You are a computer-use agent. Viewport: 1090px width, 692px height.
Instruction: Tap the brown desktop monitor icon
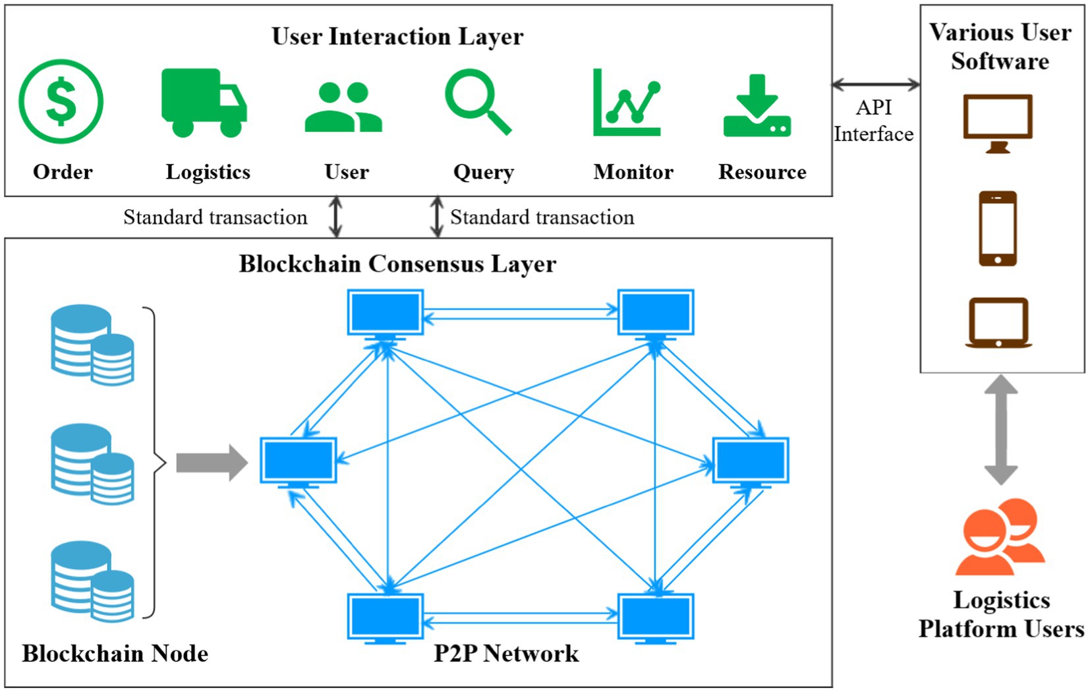997,123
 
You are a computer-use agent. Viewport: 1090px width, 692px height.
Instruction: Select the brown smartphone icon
997,228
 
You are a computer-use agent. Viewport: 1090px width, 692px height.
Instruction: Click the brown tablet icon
998,322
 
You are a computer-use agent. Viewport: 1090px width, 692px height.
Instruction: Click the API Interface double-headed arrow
875,84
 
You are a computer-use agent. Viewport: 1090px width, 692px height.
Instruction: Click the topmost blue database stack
92,344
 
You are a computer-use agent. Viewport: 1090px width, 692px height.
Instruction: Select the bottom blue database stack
92,581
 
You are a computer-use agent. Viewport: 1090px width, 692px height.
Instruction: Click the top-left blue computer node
386,313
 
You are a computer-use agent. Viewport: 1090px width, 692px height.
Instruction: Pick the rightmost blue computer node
751,461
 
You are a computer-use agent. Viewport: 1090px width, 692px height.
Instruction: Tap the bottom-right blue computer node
655,618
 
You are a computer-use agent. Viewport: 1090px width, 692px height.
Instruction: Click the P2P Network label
505,653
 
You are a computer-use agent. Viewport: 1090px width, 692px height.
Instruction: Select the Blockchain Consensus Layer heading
397,264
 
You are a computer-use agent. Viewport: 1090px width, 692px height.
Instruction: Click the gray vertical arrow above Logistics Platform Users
1000,430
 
